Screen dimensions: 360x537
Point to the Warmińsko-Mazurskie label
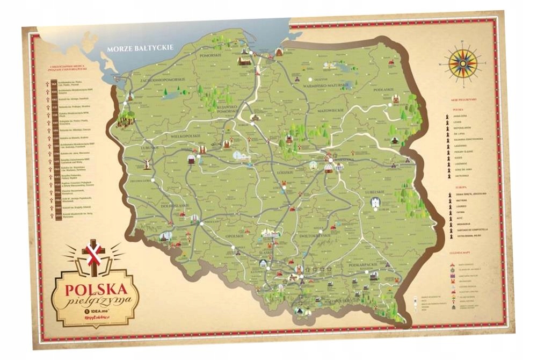[x=326, y=85]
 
